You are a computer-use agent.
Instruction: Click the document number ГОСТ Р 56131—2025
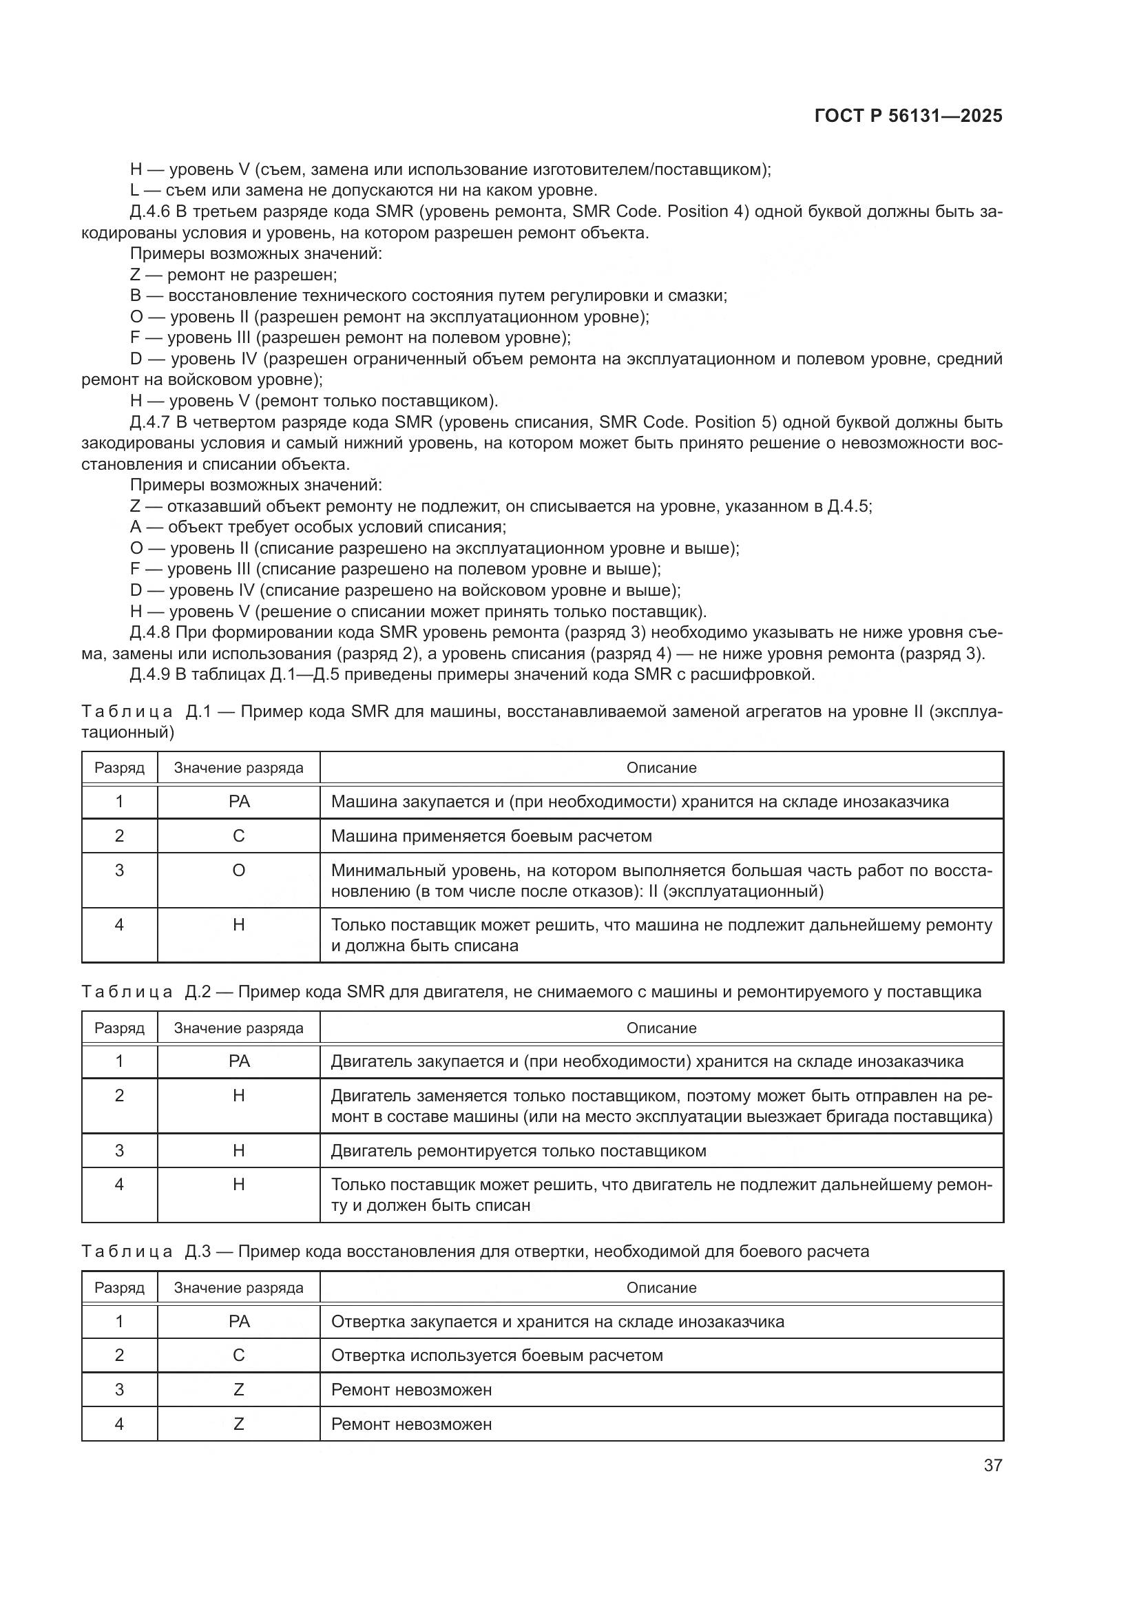[908, 116]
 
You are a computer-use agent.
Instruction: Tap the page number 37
[992, 1465]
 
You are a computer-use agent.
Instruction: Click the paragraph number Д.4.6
[150, 212]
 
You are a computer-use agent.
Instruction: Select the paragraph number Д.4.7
[150, 422]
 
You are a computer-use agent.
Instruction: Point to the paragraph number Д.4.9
[150, 675]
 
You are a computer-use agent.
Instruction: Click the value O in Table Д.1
[238, 870]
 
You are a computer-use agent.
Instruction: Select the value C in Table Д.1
[238, 835]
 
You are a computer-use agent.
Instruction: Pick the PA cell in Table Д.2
[238, 1061]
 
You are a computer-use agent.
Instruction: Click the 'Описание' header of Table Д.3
[661, 1287]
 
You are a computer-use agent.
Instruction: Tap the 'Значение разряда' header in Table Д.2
[238, 1028]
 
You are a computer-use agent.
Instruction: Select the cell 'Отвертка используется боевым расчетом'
[497, 1355]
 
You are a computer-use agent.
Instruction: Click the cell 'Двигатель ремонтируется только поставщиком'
[519, 1151]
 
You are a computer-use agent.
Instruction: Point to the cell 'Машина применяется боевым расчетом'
[491, 835]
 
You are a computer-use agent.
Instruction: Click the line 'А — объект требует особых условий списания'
[317, 527]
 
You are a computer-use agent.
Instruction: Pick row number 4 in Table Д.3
[119, 1424]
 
